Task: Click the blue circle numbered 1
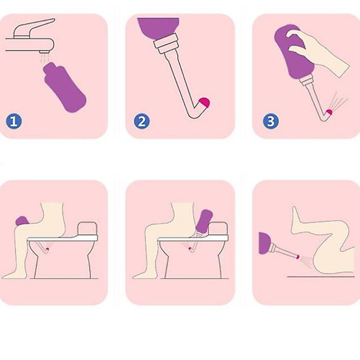(14, 121)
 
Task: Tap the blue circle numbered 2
(142, 121)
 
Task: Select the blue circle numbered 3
(271, 121)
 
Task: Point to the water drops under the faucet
(44, 58)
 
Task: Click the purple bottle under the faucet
(65, 87)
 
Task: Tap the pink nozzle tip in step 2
(205, 103)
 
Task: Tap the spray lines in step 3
(340, 100)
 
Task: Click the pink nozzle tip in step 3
(329, 112)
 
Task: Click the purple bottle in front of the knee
(22, 221)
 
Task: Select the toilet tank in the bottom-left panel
(88, 228)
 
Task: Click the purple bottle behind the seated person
(204, 221)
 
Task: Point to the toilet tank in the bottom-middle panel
(218, 229)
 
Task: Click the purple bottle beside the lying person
(265, 243)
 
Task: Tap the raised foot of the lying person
(296, 218)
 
